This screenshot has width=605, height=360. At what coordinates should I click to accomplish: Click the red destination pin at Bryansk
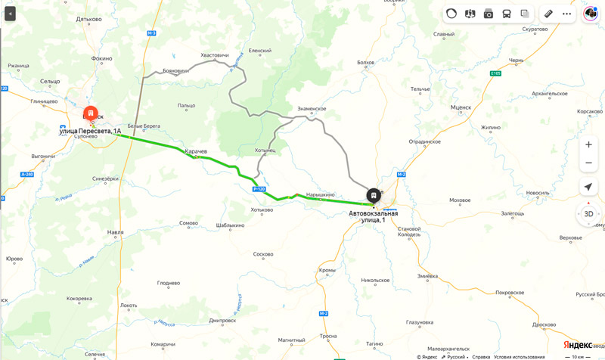pos(91,114)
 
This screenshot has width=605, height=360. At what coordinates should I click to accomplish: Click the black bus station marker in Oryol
pos(374,196)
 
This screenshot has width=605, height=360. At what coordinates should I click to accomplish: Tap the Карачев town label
pos(197,151)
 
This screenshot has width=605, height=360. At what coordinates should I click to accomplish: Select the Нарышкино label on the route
pos(320,194)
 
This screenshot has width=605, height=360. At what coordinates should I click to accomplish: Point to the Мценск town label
pos(461,107)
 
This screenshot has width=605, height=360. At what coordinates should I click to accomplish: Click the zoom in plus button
pos(588,144)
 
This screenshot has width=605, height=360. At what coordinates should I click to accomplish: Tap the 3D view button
pos(588,214)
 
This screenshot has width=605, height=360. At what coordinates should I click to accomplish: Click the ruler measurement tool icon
pos(548,14)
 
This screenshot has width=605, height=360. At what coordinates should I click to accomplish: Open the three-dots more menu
pos(566,14)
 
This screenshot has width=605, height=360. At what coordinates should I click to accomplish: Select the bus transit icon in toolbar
pos(507,14)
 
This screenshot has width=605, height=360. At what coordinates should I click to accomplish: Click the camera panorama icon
pos(489,14)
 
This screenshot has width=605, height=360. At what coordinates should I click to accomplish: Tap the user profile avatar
pos(591,14)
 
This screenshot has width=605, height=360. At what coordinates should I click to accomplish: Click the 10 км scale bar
pos(579,356)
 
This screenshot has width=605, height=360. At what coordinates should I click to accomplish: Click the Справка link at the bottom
pos(481,356)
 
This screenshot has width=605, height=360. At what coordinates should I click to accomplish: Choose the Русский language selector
pos(455,356)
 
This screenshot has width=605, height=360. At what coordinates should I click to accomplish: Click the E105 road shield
pos(495,73)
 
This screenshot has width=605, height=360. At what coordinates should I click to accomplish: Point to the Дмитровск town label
pos(222,320)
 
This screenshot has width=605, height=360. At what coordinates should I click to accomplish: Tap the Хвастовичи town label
pos(215,55)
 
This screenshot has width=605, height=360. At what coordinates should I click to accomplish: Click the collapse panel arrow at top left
pos(11,14)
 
